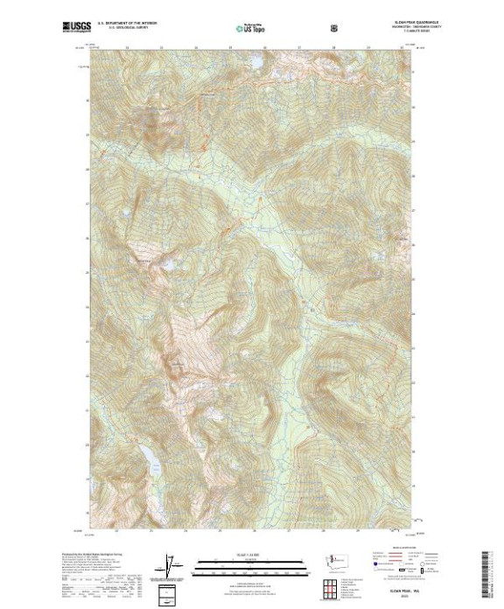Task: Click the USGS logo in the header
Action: (x=76, y=27)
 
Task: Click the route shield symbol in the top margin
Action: (x=332, y=28)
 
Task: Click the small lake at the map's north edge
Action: (x=208, y=94)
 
